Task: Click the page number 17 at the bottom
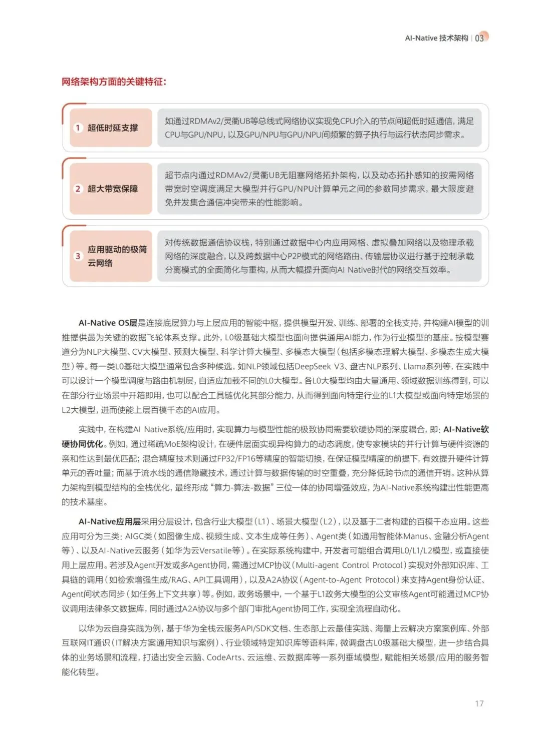point(479,703)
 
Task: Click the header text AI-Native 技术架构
point(436,38)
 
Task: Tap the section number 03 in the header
point(479,38)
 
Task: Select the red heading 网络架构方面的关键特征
point(114,82)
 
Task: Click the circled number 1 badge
point(78,128)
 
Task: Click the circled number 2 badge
point(78,189)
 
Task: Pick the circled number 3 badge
point(78,256)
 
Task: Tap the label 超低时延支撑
point(113,128)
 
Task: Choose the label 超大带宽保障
point(113,189)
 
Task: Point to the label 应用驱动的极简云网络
point(117,256)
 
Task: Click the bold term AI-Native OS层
point(108,323)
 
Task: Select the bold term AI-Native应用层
point(109,521)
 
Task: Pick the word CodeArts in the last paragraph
point(224,657)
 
